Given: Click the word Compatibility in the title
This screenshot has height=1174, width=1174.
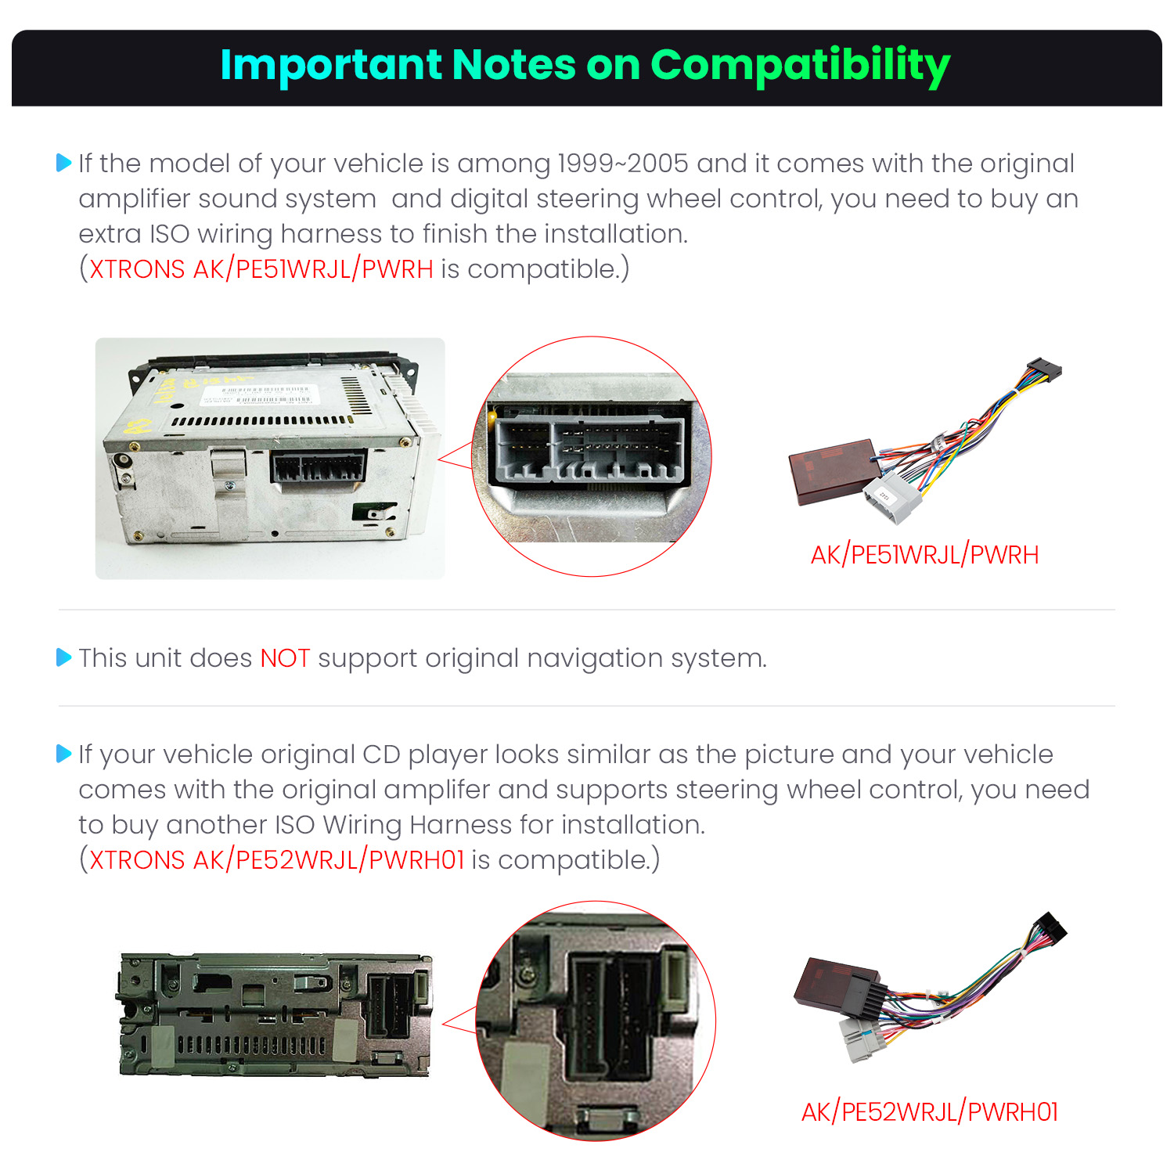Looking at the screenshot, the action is (x=800, y=67).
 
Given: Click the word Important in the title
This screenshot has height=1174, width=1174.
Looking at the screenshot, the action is (x=331, y=65).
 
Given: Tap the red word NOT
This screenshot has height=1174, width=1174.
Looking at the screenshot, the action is (x=285, y=658).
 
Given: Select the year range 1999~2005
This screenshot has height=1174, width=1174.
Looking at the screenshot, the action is (x=623, y=164).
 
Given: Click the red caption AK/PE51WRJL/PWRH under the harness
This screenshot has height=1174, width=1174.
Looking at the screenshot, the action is (x=924, y=555).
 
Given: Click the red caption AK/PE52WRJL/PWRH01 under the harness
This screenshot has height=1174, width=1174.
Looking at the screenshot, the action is (x=929, y=1111).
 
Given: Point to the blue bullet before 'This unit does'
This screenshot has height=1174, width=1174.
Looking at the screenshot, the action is (x=64, y=657).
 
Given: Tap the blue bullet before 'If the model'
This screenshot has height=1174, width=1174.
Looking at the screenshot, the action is (x=64, y=163).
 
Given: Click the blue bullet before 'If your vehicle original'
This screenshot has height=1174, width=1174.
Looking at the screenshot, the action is (x=64, y=754).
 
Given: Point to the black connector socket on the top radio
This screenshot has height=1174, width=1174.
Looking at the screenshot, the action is (x=319, y=467).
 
